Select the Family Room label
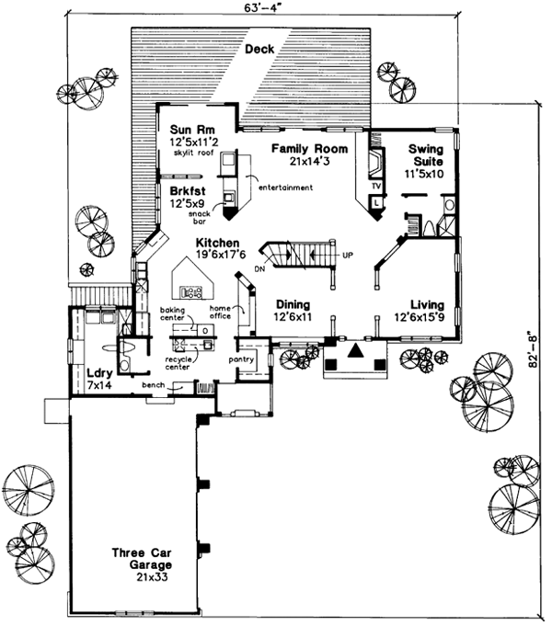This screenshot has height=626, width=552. [x=309, y=148]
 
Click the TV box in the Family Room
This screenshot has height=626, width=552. [x=376, y=184]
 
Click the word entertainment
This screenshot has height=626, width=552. [x=285, y=188]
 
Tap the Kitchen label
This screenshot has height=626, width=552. [x=217, y=242]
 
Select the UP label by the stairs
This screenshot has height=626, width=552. [x=347, y=254]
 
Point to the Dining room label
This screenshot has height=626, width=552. [x=292, y=304]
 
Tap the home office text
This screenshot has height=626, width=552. [x=221, y=313]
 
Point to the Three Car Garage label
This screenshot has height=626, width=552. [x=143, y=559]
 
